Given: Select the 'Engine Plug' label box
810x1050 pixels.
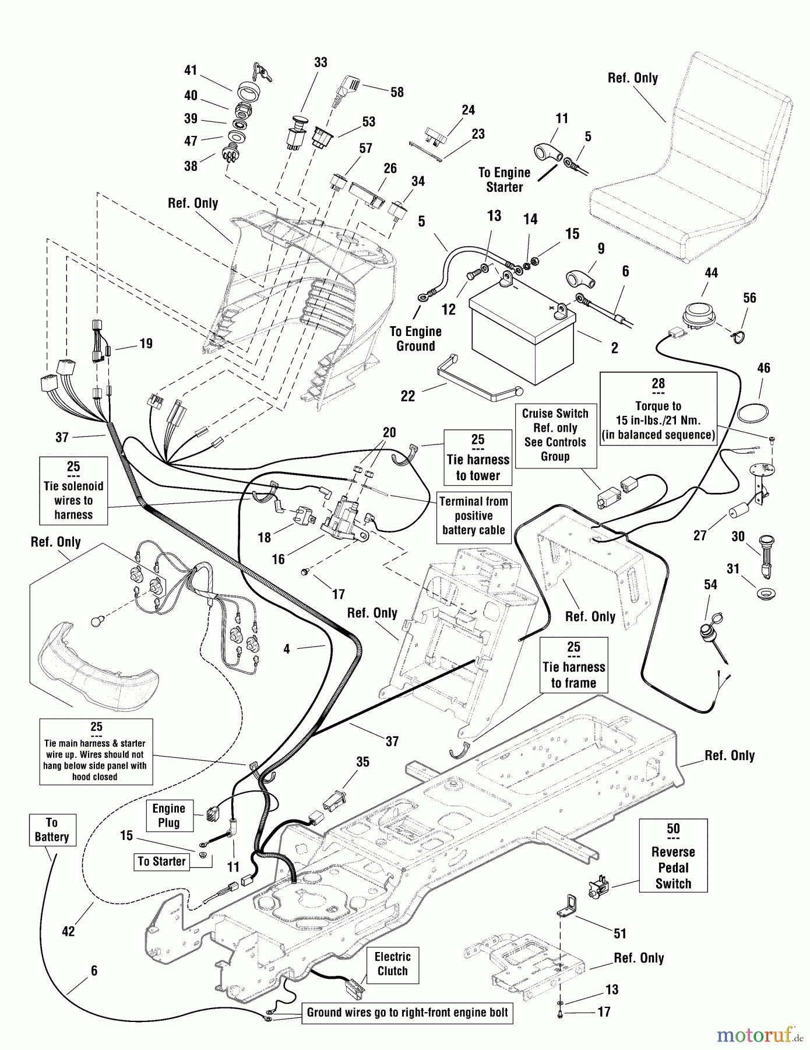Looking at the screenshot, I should coord(168,815).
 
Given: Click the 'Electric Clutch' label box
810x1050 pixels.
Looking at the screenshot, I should coord(392,964).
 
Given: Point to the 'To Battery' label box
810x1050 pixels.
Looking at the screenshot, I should coord(51,829).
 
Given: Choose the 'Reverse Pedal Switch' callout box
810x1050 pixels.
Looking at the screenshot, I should coord(673,856).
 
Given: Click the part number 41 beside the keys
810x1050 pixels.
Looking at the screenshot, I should coord(191,71).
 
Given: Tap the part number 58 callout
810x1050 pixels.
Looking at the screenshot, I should coord(397,92).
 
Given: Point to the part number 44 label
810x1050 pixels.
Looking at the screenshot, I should coord(711,272).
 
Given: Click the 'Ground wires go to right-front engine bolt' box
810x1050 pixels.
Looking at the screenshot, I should coord(407,1013).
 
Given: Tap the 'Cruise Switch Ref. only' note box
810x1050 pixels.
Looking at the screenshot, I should coord(555,435).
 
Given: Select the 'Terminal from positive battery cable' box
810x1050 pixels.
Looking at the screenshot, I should coord(473,516).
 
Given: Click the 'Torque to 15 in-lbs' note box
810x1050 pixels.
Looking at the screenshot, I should coord(658,409).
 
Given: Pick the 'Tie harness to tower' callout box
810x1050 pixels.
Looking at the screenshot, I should coord(477,458).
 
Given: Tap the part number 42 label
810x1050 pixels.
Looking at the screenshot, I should coord(68,931).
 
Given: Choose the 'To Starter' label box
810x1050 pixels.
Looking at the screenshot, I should coord(161,862).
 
